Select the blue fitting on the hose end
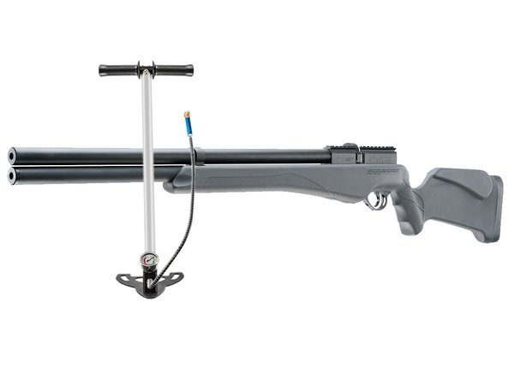click(x=186, y=127)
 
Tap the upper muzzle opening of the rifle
click(x=12, y=156)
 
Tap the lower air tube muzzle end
click(x=12, y=175)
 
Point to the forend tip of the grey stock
click(x=176, y=182)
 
